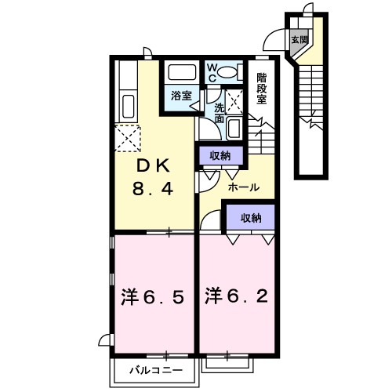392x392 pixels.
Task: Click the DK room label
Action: click(x=153, y=166)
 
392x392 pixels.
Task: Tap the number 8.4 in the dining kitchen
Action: click(x=153, y=189)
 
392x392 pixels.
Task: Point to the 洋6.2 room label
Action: click(x=237, y=297)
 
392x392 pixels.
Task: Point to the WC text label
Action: click(x=212, y=72)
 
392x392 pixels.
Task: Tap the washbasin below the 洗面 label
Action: click(x=234, y=126)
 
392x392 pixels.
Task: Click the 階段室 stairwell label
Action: click(x=262, y=88)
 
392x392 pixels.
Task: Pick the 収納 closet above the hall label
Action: click(x=220, y=155)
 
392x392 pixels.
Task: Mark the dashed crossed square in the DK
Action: click(x=127, y=140)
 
